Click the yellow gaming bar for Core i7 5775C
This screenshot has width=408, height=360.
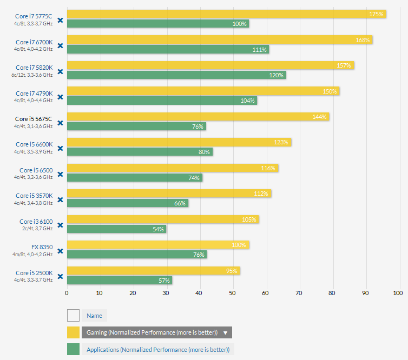(x=226, y=14)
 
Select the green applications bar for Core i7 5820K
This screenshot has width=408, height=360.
(x=176, y=75)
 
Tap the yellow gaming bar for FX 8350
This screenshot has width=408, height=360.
(x=158, y=245)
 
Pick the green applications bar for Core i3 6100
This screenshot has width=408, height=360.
(x=116, y=229)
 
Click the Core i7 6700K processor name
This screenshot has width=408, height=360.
(x=34, y=42)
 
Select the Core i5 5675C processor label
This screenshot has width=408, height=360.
(x=34, y=119)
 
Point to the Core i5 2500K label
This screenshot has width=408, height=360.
(x=34, y=272)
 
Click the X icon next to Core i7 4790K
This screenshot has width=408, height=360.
(x=61, y=97)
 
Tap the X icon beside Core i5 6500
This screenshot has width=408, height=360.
(x=61, y=174)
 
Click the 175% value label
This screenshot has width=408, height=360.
(x=376, y=14)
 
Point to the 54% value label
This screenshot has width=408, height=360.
(x=158, y=229)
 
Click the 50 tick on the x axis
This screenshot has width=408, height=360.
(x=232, y=293)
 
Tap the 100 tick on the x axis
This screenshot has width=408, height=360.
(x=398, y=293)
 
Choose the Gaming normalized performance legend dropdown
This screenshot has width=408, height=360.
(x=156, y=332)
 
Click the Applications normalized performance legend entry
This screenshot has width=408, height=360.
(x=158, y=350)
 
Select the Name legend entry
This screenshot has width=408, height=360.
(x=94, y=316)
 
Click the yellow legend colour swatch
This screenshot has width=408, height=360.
(x=73, y=332)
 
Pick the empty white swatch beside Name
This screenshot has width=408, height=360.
(x=73, y=316)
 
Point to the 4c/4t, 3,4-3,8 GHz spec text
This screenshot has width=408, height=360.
(x=34, y=203)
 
